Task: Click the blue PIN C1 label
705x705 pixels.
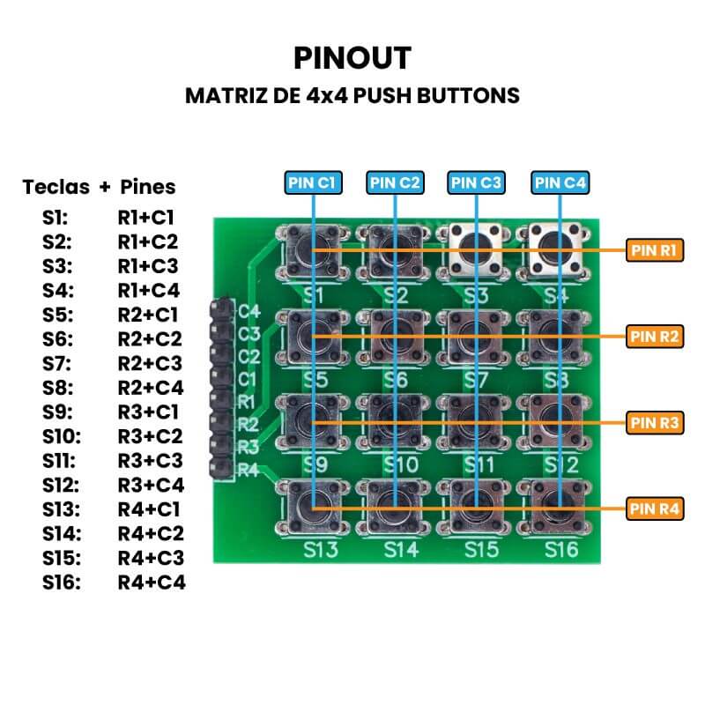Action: click(x=313, y=182)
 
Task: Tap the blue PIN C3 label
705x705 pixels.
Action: click(x=476, y=182)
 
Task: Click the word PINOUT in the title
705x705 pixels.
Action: click(x=352, y=58)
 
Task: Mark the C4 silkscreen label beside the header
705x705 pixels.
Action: click(x=249, y=311)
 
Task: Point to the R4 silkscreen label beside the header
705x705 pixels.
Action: click(x=249, y=470)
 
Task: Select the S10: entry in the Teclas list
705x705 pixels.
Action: click(x=61, y=436)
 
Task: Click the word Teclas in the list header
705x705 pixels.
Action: click(x=56, y=187)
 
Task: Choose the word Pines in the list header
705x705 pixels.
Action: click(x=147, y=187)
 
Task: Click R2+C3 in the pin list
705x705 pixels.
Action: click(x=150, y=363)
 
